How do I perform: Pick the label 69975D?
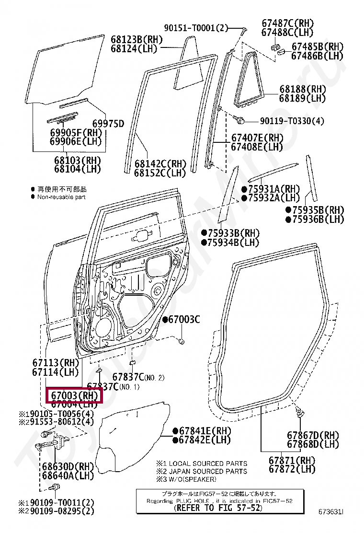[x=108, y=124]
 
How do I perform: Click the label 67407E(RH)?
[x=257, y=138]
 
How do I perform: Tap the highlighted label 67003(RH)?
[x=74, y=396]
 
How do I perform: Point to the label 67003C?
[x=183, y=320]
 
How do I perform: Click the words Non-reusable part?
[x=61, y=197]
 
